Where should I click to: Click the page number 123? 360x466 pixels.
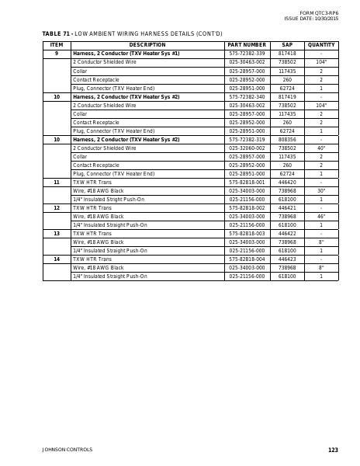[333, 450]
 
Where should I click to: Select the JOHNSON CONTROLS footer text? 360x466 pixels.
[67, 450]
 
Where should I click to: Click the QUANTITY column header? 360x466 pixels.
[320, 45]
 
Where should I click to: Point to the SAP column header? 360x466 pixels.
[287, 45]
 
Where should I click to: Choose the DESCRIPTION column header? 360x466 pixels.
[147, 45]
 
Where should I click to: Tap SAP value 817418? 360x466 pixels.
[287, 53]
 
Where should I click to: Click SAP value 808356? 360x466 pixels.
[287, 139]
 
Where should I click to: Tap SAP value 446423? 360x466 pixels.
[287, 259]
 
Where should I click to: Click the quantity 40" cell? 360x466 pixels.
[320, 148]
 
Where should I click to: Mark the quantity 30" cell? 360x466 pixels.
[320, 190]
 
